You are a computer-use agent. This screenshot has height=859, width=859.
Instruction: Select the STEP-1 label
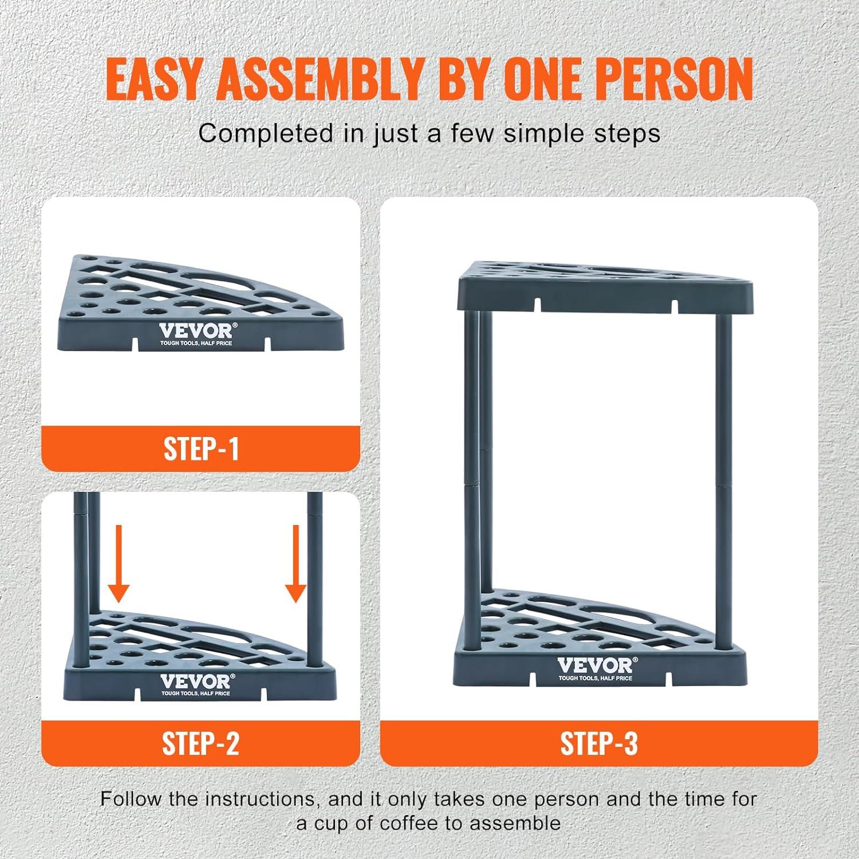(x=201, y=449)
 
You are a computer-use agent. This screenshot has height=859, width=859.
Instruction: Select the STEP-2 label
(x=200, y=743)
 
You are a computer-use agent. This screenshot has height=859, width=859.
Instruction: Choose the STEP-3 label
(x=599, y=743)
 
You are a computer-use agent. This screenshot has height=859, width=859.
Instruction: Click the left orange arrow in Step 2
(x=120, y=565)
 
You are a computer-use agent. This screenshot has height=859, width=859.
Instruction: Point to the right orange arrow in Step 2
(x=295, y=565)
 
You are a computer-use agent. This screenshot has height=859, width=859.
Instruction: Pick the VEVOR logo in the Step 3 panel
(x=596, y=666)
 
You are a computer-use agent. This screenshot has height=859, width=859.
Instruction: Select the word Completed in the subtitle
(x=265, y=133)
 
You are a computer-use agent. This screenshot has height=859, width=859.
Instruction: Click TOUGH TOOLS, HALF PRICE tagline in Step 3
(x=596, y=679)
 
